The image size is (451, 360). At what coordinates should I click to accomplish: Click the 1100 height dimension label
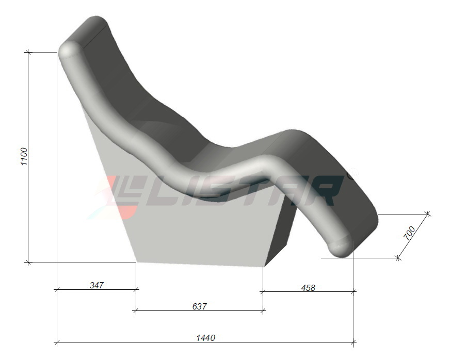click(24, 156)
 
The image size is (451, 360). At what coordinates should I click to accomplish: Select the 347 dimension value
click(96, 285)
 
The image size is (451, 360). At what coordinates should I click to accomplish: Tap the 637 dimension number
click(199, 306)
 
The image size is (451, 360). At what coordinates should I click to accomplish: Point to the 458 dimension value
click(308, 288)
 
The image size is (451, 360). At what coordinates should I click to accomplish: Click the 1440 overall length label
click(206, 338)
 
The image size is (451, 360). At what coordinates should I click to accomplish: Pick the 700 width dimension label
click(410, 233)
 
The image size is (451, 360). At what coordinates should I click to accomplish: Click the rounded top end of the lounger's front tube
click(70, 51)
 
